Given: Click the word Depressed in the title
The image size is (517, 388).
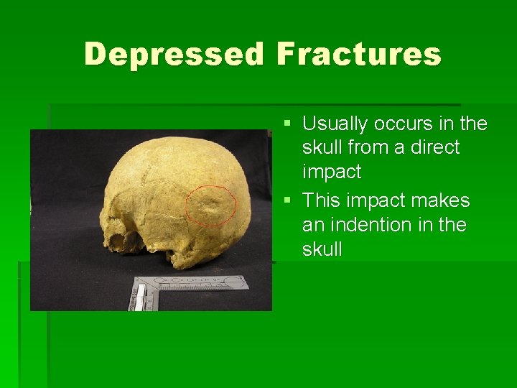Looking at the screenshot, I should coord(174,54).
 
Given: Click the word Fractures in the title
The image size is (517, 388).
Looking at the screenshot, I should coord(358,54).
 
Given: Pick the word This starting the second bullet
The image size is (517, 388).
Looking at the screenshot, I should coord(321,200).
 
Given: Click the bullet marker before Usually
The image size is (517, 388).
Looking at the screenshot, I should coord(287,124).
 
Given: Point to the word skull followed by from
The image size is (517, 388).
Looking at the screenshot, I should coord(321,148).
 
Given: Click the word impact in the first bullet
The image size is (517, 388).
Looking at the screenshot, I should coord(332,172).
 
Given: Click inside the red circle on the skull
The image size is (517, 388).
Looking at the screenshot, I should coord(211,205).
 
